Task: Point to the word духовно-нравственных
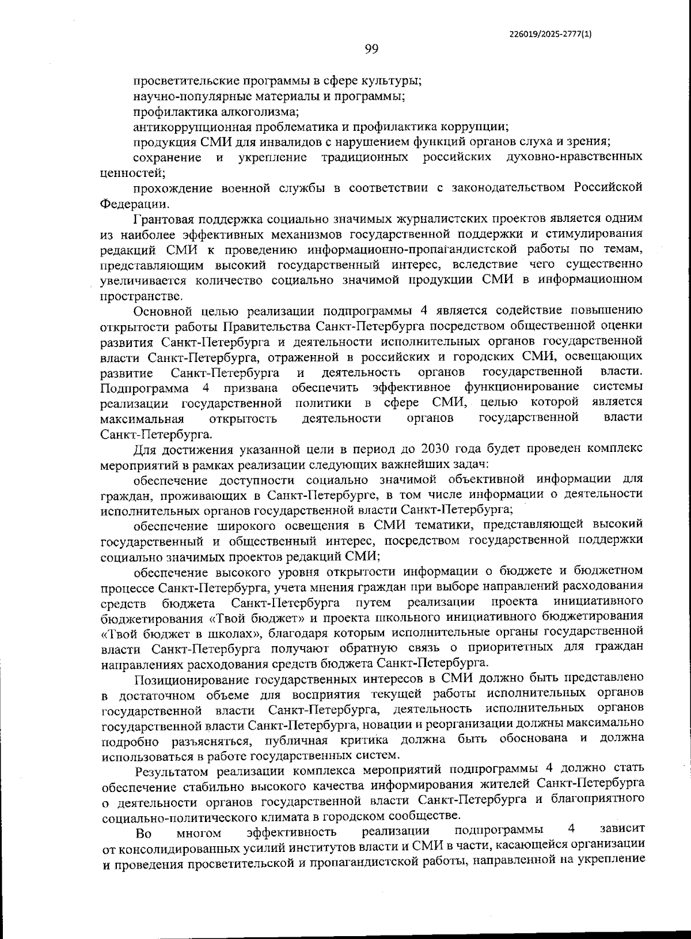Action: [x=574, y=157]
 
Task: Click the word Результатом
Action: [x=172, y=770]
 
